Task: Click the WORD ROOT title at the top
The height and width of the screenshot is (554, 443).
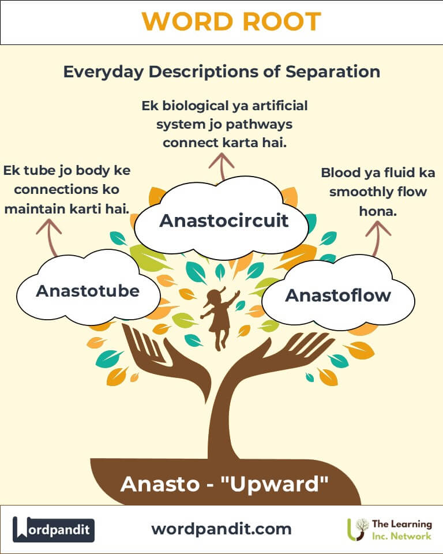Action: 231,22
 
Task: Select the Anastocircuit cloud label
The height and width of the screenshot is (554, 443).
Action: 224,220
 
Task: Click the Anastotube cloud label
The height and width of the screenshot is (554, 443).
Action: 88,290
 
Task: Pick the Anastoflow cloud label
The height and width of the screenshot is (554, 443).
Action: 338,295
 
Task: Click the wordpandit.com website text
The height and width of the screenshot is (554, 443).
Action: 221,529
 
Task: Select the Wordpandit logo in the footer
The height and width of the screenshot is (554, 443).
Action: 54,529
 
